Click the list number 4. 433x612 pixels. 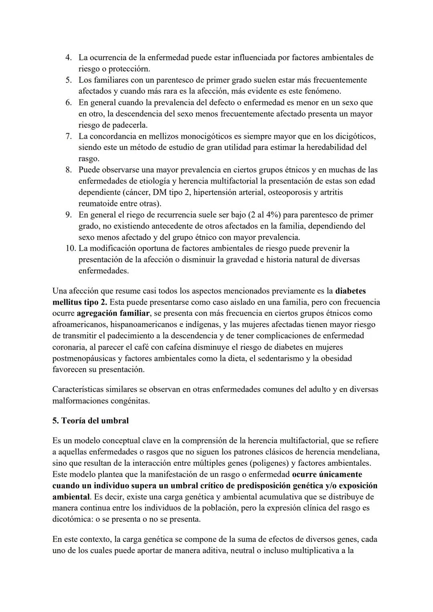pyautogui.click(x=69, y=58)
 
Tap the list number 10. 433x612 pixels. pyautogui.click(x=70, y=248)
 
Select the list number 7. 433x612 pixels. pyautogui.click(x=69, y=136)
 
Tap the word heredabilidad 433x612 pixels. pyautogui.click(x=330, y=147)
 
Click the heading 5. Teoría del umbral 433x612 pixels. pyautogui.click(x=91, y=421)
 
